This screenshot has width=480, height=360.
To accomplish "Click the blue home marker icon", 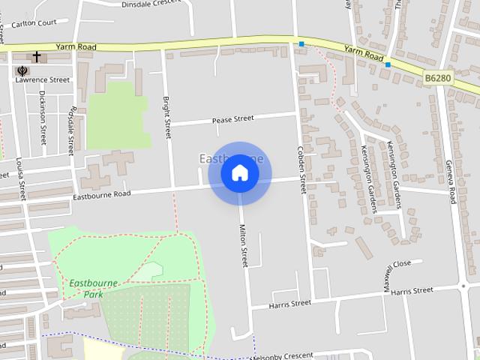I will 239,172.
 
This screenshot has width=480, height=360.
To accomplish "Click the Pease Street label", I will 232,118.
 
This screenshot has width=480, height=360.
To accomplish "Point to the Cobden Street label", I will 302,169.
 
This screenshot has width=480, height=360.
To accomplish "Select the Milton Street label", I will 243,245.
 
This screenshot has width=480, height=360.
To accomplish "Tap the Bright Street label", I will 168,118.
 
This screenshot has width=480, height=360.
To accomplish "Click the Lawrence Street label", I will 43,79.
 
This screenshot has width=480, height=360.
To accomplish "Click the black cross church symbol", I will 36,57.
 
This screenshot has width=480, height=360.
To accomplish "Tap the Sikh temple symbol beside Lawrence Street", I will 20,71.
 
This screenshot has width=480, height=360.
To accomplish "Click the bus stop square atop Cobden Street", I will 301,45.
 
